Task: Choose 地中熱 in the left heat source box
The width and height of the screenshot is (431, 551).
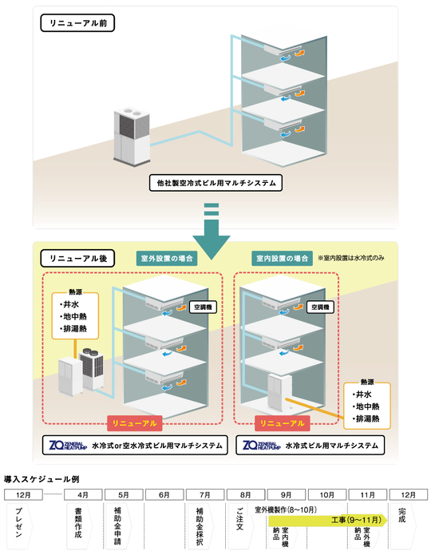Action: click(x=73, y=315)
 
